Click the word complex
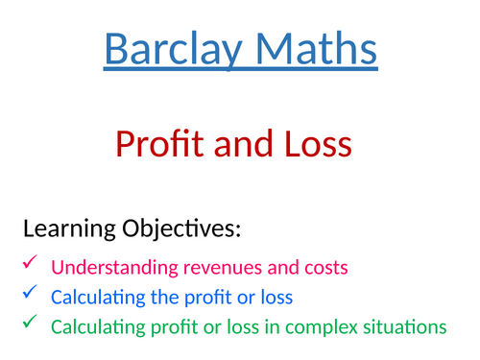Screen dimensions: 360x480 [x=324, y=328]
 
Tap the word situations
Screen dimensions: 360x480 [x=407, y=328]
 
